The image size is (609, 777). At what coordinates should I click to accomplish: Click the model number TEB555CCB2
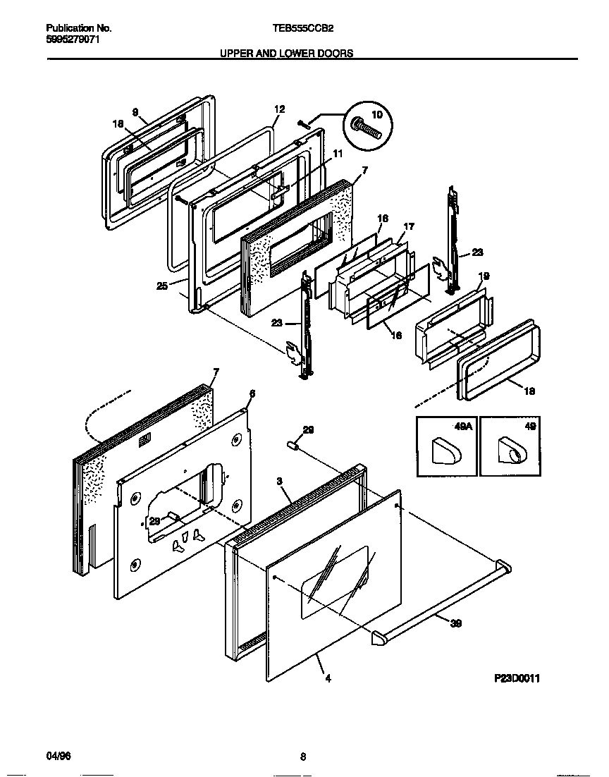303,29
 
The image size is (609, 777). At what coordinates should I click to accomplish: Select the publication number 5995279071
73,40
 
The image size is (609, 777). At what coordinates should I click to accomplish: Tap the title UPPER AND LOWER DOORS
285,53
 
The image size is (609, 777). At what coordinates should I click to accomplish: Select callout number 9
135,111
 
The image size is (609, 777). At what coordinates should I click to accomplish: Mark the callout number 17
409,226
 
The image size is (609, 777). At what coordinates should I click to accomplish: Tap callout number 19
484,276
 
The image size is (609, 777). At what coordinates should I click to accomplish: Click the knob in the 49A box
445,451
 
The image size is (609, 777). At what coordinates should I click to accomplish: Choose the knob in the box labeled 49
510,451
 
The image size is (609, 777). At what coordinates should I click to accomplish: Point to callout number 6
252,393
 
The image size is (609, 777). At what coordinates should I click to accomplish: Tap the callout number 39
455,623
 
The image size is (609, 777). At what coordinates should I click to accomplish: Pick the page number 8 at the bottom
302,757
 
